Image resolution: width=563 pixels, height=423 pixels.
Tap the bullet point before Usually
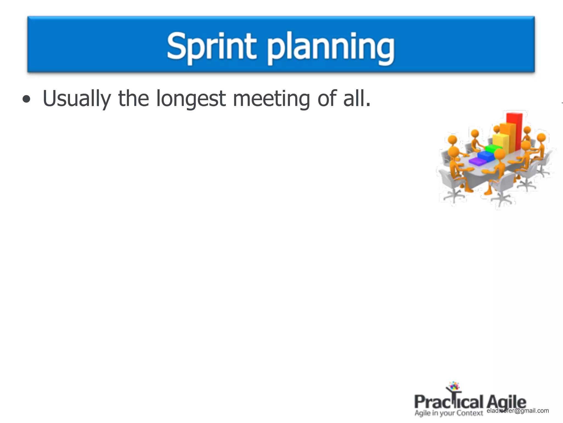[x=26, y=99]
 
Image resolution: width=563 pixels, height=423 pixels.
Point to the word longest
[x=191, y=99]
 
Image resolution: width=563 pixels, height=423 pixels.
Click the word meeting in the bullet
[x=271, y=99]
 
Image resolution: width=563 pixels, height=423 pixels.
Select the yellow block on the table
[x=500, y=142]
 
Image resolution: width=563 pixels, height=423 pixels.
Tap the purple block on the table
[x=478, y=162]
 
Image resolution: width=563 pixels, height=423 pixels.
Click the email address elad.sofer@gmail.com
[x=518, y=411]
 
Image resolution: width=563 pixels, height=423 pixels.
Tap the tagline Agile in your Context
[x=449, y=413]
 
